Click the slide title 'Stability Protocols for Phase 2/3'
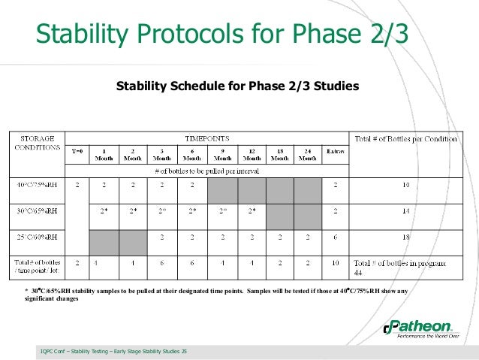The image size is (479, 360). (x=225, y=34)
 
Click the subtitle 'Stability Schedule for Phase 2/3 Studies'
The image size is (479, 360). (x=237, y=86)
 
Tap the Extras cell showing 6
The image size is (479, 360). (x=335, y=237)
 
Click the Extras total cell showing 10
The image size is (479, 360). (x=335, y=264)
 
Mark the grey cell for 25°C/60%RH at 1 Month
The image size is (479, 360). (x=105, y=241)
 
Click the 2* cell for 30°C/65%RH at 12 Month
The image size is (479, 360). (x=252, y=211)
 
